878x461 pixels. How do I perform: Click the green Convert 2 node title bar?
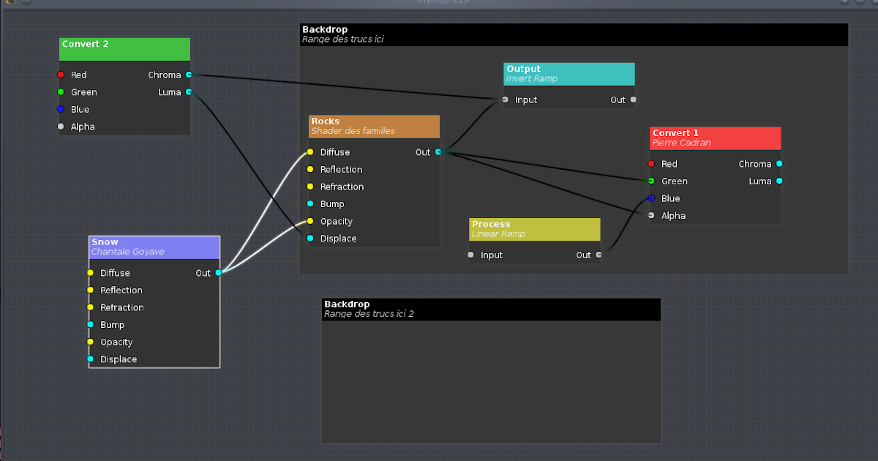point(124,49)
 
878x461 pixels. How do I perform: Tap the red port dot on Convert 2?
point(61,75)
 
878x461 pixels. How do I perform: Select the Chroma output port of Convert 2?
point(189,75)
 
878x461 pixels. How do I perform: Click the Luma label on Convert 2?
point(169,92)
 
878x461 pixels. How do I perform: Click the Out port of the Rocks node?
point(438,152)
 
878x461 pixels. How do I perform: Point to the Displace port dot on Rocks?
point(310,239)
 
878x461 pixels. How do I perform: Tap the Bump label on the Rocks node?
point(332,204)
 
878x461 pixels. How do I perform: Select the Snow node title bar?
point(154,247)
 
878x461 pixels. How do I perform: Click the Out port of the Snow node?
point(218,273)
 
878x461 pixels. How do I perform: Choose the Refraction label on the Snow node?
point(122,307)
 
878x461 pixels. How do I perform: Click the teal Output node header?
point(569,73)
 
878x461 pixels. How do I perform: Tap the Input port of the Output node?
point(505,100)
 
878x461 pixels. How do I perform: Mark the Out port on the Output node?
point(633,100)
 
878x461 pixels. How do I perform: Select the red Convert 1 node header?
point(715,138)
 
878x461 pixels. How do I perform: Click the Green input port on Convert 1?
point(650,181)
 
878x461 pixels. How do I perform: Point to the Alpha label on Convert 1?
point(673,216)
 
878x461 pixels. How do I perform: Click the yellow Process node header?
point(534,229)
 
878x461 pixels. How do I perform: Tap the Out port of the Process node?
point(599,255)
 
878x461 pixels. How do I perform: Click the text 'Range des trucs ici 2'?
point(369,314)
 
